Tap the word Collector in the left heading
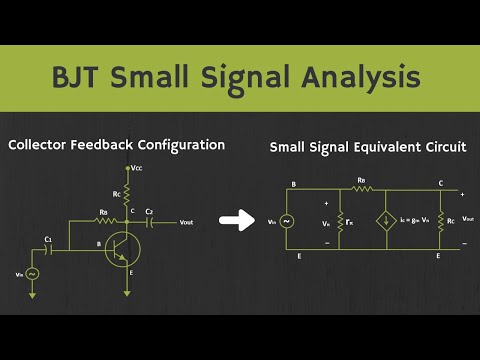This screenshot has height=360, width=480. tap(43, 145)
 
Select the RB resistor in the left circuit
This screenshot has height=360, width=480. tap(102, 220)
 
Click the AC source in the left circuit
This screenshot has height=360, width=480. tap(33, 273)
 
